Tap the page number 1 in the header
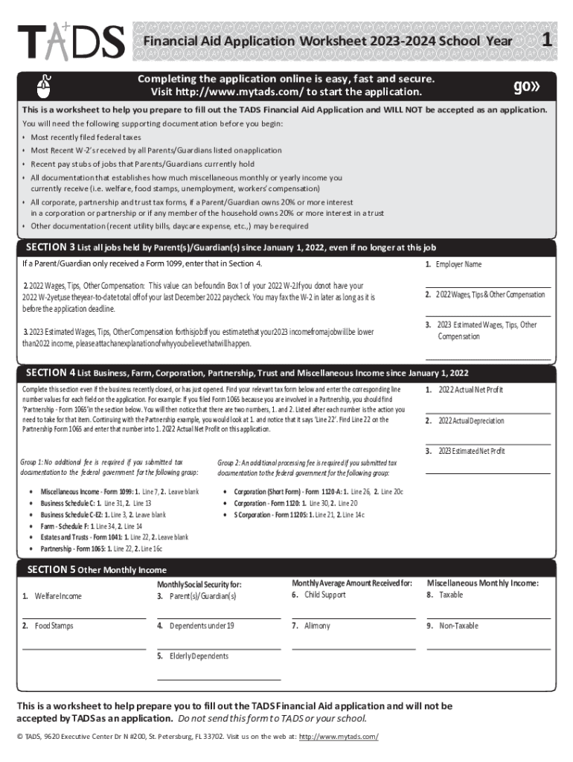point(547,42)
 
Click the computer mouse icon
point(45,86)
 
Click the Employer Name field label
point(458,264)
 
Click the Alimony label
point(316,626)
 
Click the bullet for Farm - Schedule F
point(29,526)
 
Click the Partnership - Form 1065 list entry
point(101,548)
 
